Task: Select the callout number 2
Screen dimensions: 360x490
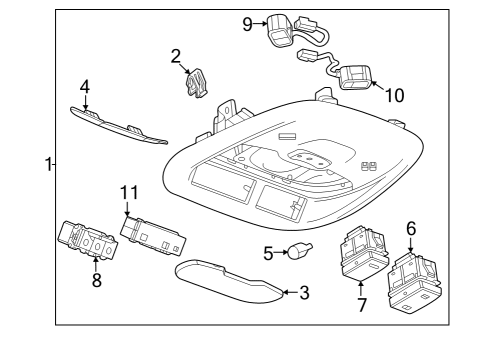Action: (176, 56)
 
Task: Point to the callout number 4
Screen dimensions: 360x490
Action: (85, 87)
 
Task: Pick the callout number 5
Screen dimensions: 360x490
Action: (268, 253)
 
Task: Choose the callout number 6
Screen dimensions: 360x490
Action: (410, 229)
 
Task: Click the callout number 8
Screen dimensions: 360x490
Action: (97, 282)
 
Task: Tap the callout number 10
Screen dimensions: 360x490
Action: (394, 96)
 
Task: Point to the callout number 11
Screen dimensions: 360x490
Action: (127, 194)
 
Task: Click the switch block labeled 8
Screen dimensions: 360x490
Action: (86, 246)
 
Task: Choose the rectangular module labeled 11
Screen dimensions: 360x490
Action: (152, 234)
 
